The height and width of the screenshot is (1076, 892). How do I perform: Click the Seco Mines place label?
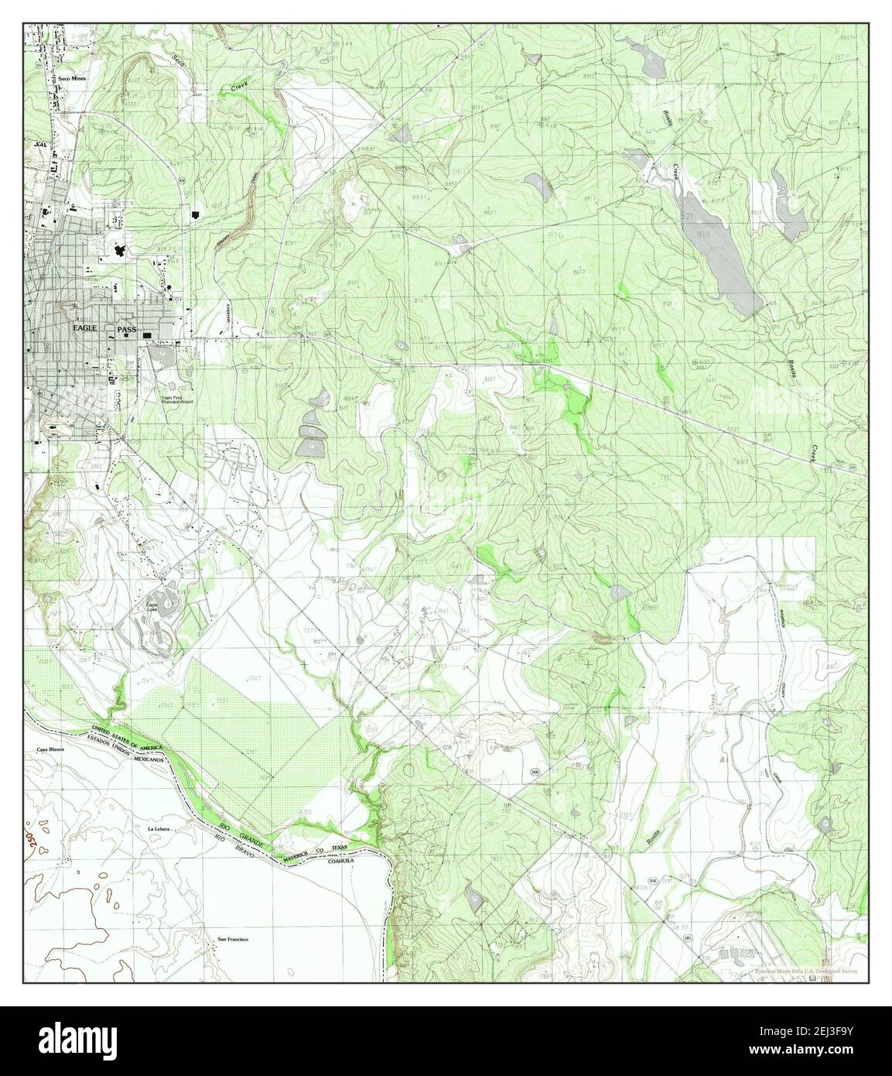[71, 79]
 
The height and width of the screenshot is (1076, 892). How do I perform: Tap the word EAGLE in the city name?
[85, 328]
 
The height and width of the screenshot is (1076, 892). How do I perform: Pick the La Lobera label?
[158, 828]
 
